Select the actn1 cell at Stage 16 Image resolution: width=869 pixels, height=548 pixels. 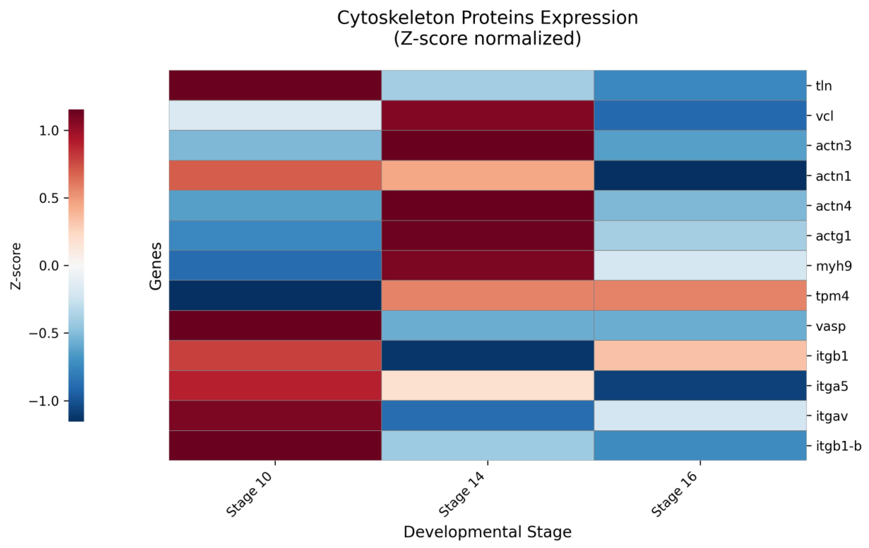click(700, 175)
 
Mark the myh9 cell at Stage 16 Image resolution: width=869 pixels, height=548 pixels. click(700, 265)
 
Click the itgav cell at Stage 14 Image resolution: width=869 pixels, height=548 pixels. click(487, 415)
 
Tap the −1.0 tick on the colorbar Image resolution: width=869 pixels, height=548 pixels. click(45, 401)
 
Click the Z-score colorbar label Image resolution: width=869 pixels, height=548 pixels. click(16, 266)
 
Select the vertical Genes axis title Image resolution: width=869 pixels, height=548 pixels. click(156, 266)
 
